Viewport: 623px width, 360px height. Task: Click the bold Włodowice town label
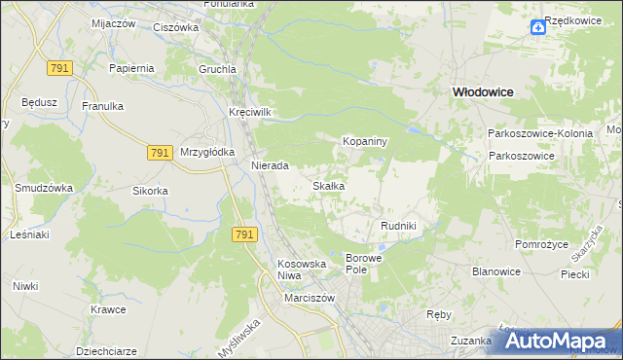coord(482,90)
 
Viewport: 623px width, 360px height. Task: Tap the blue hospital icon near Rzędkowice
coord(538,27)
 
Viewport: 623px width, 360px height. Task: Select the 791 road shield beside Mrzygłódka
coord(162,153)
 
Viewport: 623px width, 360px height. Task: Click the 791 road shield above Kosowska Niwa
coord(245,234)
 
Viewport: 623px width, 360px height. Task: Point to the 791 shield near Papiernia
coord(60,67)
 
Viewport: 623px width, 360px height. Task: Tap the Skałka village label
coord(328,185)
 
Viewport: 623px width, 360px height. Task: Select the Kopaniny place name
coord(365,141)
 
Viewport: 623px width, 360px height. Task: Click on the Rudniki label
coord(398,226)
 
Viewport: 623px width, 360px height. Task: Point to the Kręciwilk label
coord(249,112)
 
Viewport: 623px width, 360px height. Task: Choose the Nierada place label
coord(270,165)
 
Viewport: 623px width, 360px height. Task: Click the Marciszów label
coord(310,298)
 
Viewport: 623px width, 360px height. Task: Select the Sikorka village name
coord(151,191)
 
